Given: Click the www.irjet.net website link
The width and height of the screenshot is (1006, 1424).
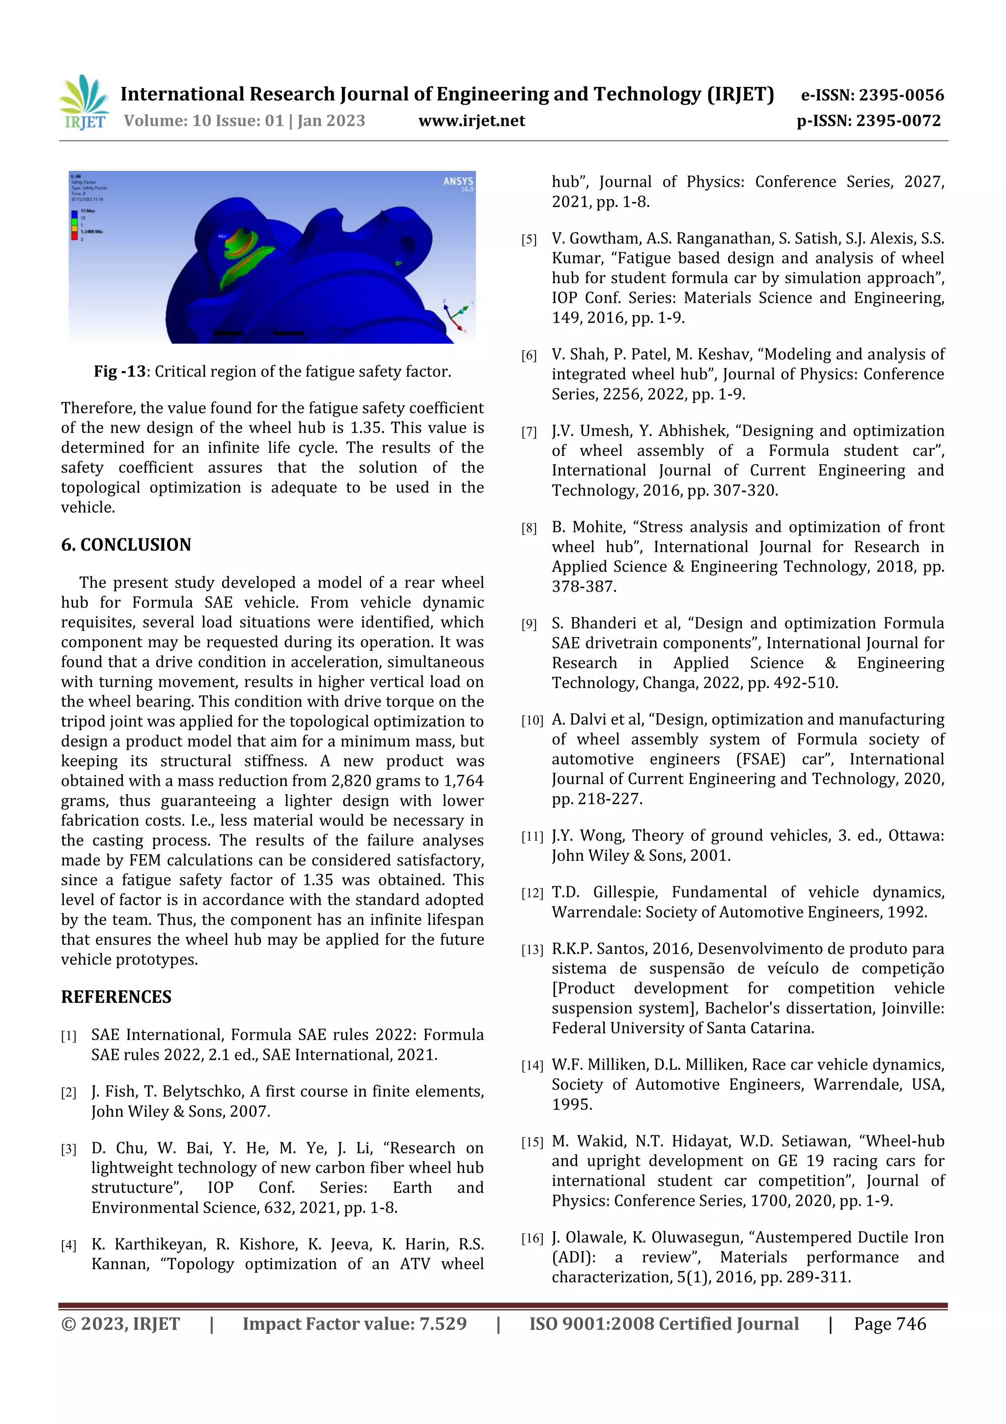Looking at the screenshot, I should pyautogui.click(x=471, y=121).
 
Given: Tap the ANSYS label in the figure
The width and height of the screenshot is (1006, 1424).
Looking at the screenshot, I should pyautogui.click(x=458, y=181).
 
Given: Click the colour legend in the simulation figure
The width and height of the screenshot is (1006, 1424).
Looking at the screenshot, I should pyautogui.click(x=75, y=225).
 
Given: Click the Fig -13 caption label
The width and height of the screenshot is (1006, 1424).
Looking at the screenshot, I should pyautogui.click(x=120, y=372).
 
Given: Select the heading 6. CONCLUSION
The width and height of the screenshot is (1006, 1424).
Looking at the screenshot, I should pyautogui.click(x=126, y=545).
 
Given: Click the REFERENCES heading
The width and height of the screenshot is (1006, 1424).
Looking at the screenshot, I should pyautogui.click(x=116, y=997).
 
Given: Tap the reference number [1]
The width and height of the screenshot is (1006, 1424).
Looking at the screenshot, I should pyautogui.click(x=68, y=1036).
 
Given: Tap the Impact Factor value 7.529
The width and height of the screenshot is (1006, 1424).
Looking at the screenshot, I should pyautogui.click(x=443, y=1324).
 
